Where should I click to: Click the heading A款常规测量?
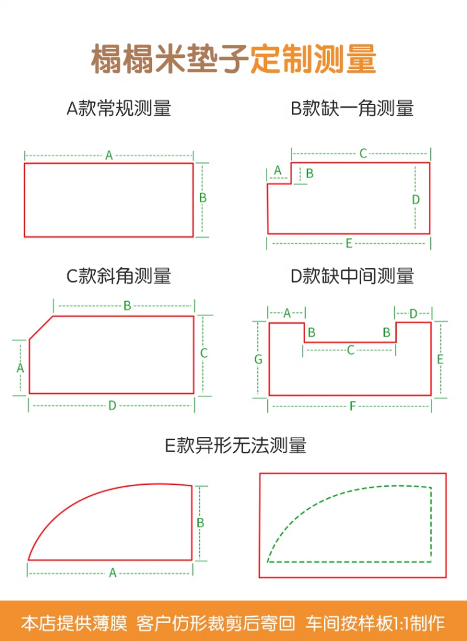coord(118,109)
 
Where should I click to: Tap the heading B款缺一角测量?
coord(352,109)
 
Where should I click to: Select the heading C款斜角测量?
coord(118,276)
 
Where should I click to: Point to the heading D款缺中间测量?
coord(352,276)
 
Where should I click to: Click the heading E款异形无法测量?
coord(235,446)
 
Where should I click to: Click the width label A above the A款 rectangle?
coord(109,156)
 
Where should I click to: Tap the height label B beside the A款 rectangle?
coord(202,198)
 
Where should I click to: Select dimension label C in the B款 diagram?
coord(362,154)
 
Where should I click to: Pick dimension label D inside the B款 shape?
coord(416,199)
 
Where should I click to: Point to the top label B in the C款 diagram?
coord(127,306)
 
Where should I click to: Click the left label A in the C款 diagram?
coord(20,368)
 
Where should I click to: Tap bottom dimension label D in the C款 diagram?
coord(112,406)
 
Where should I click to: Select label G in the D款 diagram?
coord(258,359)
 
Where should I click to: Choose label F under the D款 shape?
coord(352,406)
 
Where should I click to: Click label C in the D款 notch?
coord(351,350)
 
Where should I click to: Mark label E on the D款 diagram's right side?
coord(440,359)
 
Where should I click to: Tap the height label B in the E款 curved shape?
coord(200,523)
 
